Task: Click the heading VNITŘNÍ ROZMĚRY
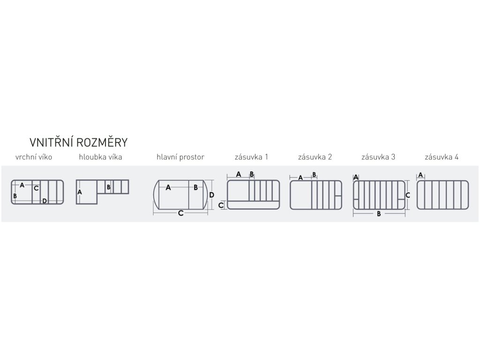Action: point(78,142)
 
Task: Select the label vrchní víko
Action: point(33,157)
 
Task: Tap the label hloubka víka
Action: point(100,157)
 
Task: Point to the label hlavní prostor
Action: point(180,157)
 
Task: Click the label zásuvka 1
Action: point(251,157)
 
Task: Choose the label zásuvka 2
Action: point(315,157)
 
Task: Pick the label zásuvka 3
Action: point(378,157)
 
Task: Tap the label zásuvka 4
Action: point(442,157)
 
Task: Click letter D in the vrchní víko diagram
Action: point(45,201)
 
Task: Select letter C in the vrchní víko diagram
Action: point(36,188)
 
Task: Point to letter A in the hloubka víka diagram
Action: point(80,192)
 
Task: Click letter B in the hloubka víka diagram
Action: point(108,187)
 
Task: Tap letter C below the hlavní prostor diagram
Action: point(180,213)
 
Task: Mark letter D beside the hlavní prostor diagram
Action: point(211,195)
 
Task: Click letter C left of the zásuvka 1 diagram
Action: point(221,205)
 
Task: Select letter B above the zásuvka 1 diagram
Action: point(252,174)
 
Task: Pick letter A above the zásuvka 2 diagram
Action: point(300,178)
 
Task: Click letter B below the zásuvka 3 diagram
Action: point(378,214)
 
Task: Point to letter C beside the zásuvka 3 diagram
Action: point(408,195)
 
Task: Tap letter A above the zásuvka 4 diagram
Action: point(420,175)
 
